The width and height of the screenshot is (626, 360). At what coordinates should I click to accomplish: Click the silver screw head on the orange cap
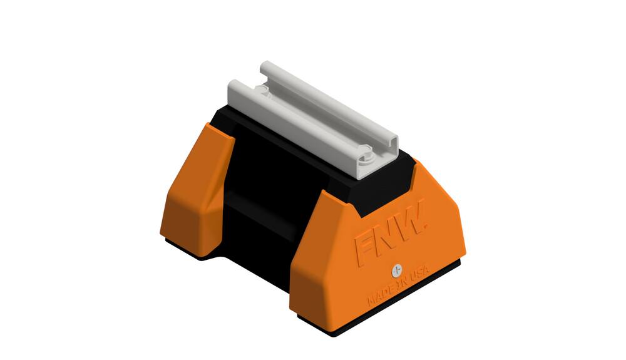coord(396,270)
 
